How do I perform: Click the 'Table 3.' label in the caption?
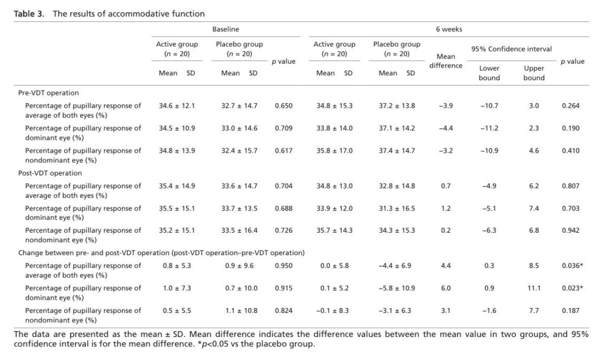pyautogui.click(x=29, y=14)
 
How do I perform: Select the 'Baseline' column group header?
pyautogui.click(x=226, y=29)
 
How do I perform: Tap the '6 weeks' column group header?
pyautogui.click(x=449, y=29)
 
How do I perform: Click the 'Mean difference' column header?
pyautogui.click(x=446, y=61)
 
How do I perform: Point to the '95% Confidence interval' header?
pyautogui.click(x=512, y=49)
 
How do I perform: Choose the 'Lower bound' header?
pyautogui.click(x=489, y=73)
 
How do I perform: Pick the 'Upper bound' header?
pyautogui.click(x=534, y=73)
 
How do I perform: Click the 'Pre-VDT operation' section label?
pyautogui.click(x=48, y=93)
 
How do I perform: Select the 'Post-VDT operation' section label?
pyautogui.click(x=50, y=173)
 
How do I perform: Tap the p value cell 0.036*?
pyautogui.click(x=572, y=266)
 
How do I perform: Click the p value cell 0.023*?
pyautogui.click(x=572, y=288)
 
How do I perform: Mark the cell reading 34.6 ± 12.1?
pyautogui.click(x=177, y=106)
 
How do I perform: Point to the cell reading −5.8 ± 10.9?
pyautogui.click(x=396, y=288)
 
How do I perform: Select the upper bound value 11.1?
pyautogui.click(x=534, y=288)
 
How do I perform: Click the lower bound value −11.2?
pyautogui.click(x=489, y=128)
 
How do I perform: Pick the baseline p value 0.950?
pyautogui.click(x=283, y=266)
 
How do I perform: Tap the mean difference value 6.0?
pyautogui.click(x=446, y=288)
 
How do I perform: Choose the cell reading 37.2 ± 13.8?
pyautogui.click(x=396, y=106)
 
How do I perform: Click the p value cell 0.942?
pyautogui.click(x=571, y=231)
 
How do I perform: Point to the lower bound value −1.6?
pyautogui.click(x=489, y=311)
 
